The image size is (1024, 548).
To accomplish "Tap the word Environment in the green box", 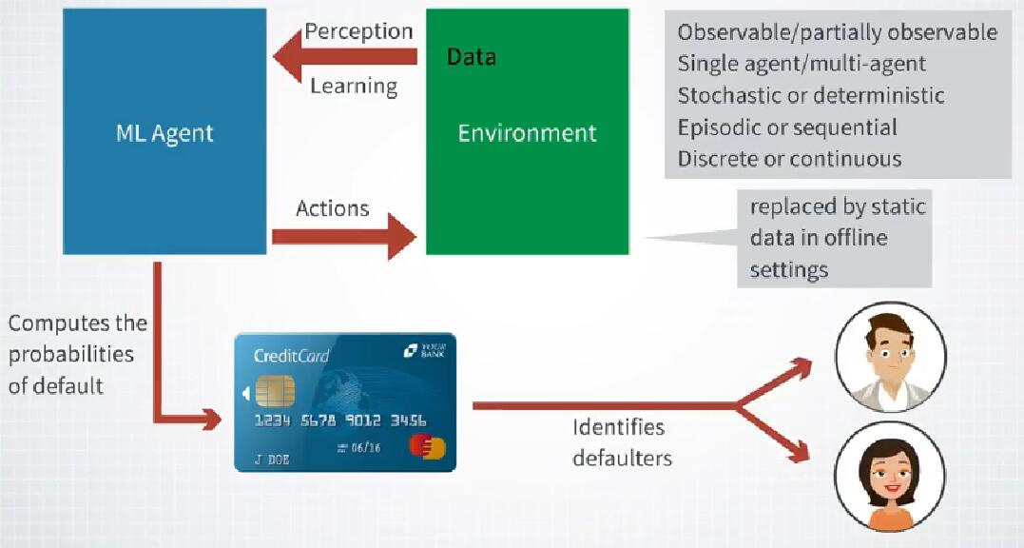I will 527,132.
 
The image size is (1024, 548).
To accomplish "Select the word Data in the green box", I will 472,57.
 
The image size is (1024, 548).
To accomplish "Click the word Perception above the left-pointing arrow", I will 358,30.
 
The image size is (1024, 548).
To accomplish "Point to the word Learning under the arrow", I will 354,86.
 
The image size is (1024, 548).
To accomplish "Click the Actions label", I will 332,207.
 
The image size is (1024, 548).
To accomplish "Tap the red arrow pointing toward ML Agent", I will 344,57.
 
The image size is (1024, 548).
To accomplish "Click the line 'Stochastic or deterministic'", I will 811,95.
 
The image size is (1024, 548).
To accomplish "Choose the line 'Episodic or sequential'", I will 787,127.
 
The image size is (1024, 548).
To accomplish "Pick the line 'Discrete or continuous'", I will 789,158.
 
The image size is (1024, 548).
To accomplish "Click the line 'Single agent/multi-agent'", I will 802,64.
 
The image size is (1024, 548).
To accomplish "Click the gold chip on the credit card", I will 275,390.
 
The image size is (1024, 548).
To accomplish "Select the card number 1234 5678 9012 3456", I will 340,420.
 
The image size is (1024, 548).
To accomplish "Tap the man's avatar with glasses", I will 890,357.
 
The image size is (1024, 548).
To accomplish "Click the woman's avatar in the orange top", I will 890,476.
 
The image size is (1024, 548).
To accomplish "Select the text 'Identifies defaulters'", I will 622,442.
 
